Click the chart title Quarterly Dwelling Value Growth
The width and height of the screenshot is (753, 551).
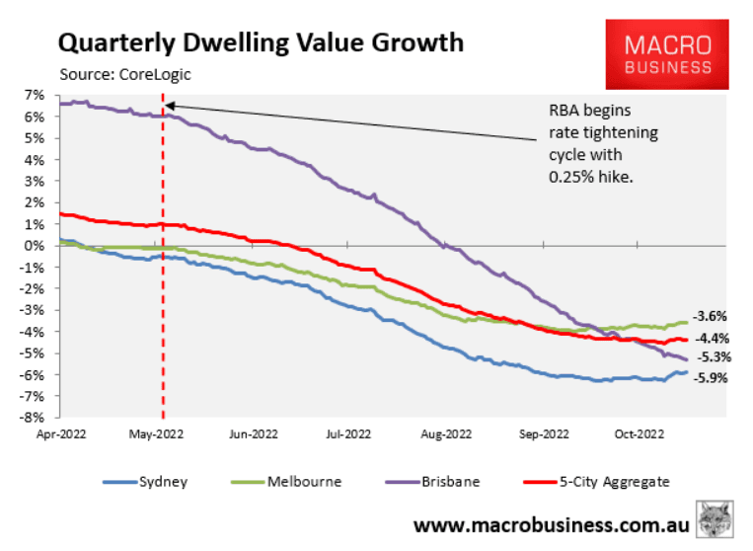pos(261,42)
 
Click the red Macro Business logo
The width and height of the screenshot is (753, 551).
pos(668,55)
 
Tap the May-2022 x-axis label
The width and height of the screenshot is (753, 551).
pos(156,433)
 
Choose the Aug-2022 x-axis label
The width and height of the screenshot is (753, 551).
pos(445,433)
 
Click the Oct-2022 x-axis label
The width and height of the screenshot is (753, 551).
pos(638,433)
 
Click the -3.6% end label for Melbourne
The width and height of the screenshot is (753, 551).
pos(712,317)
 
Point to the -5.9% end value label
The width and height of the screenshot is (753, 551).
pos(712,377)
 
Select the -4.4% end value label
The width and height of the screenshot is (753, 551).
pos(712,338)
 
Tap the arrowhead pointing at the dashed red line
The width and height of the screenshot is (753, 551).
pos(169,106)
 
